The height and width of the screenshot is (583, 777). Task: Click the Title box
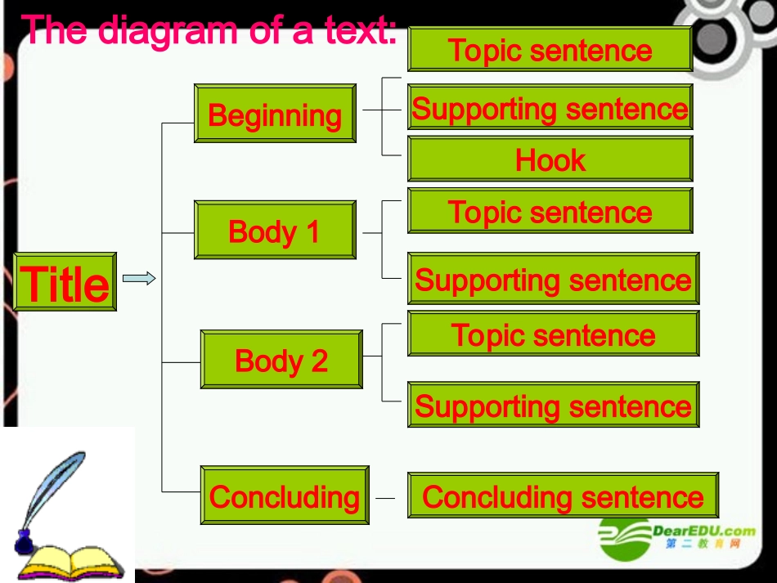pos(65,282)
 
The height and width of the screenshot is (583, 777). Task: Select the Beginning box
pos(275,114)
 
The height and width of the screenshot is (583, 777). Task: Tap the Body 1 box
pos(275,231)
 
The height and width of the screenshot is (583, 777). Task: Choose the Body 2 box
pos(281,360)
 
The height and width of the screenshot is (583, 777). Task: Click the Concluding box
pos(285,496)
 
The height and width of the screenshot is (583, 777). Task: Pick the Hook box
pos(550,159)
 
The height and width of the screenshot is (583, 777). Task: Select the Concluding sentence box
pos(563,496)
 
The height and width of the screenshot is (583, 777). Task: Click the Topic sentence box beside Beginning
pos(550,50)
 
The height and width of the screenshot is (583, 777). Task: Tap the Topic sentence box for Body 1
pos(550,212)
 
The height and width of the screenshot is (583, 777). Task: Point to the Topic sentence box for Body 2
pos(553,334)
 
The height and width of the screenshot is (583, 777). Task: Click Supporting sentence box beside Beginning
pos(550,108)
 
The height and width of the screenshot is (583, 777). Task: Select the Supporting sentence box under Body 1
pos(553,280)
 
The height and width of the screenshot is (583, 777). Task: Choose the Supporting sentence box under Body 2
pos(553,406)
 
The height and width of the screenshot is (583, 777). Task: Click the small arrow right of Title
pos(139,279)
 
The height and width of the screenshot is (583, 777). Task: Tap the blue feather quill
pos(53,491)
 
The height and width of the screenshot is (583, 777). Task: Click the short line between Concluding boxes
pos(384,497)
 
